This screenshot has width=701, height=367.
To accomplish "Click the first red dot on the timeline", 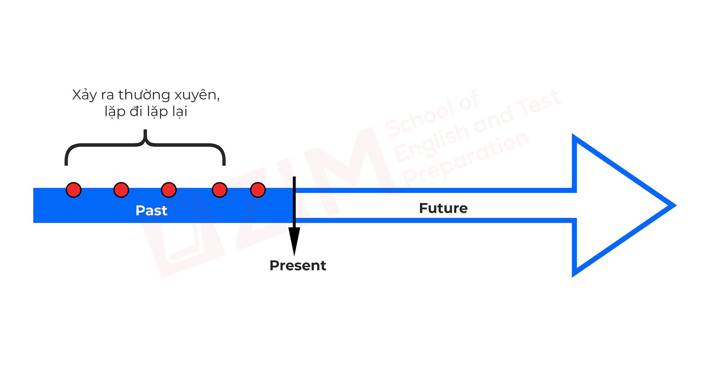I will tap(74, 190).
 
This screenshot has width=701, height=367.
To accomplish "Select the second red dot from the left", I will tap(121, 190).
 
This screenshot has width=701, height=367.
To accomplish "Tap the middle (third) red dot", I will tap(169, 190).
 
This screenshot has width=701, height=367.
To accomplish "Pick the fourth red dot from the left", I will tap(220, 190).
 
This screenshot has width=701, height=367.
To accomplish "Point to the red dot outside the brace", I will tap(258, 190).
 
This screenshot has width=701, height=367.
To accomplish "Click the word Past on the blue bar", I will tap(151, 210).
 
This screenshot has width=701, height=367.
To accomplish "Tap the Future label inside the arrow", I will tap(443, 208).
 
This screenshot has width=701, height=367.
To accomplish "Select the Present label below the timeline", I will tap(297, 265).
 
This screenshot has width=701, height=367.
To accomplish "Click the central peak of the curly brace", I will tap(145, 132).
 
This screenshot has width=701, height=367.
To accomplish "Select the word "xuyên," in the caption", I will tap(197, 95).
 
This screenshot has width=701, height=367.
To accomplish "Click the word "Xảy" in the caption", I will tap(84, 95).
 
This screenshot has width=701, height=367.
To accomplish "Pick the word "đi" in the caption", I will tap(136, 111).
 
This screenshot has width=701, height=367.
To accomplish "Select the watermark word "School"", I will tap(418, 116).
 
